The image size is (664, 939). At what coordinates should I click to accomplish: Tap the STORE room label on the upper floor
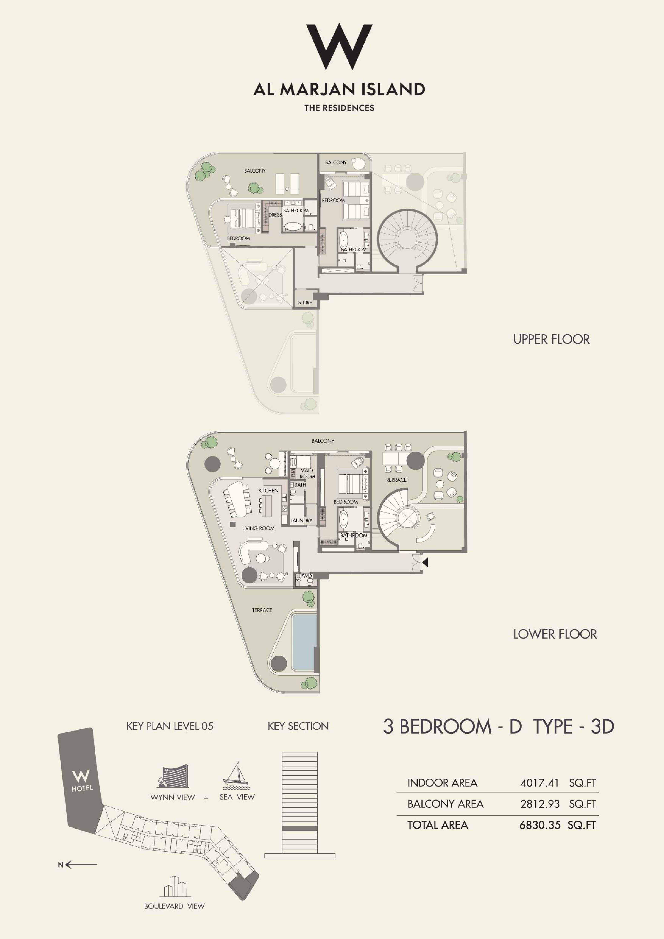[x=305, y=303]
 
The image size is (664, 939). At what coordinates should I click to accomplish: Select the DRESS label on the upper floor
[x=275, y=215]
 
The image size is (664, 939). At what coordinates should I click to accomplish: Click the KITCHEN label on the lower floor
[x=268, y=490]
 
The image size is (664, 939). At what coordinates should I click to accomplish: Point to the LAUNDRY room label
[x=301, y=521]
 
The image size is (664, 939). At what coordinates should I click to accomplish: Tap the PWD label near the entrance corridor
[x=306, y=576]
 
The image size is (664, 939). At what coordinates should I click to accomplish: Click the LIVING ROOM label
[x=258, y=528]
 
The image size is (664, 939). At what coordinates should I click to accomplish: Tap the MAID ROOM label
[x=307, y=474]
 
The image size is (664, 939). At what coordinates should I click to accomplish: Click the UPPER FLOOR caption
[x=551, y=339]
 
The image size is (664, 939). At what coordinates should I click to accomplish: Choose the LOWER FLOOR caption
[x=555, y=634]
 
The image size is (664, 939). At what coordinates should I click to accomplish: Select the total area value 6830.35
[x=540, y=825]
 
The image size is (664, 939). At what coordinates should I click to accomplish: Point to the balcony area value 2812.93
[x=540, y=804]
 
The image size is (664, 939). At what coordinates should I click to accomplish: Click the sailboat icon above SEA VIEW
[x=235, y=776]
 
